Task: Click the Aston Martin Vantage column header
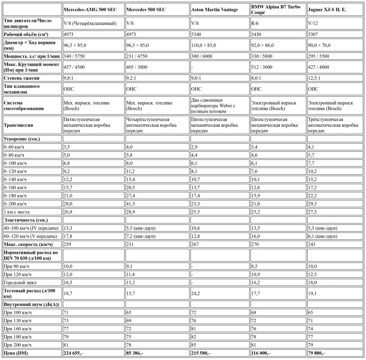pos(215,10)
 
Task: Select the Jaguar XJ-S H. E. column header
pos(327,10)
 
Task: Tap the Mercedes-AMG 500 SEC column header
pos(90,10)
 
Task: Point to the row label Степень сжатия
pos(21,78)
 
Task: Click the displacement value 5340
pos(196,34)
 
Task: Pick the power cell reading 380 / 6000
pos(201,56)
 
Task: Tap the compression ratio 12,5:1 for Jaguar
pos(314,78)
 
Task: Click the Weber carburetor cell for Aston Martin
pos(213,106)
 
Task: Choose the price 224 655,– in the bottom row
pos(73,353)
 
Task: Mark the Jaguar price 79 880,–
pos(317,353)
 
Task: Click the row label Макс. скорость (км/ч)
pos(28,245)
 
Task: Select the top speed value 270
pos(255,245)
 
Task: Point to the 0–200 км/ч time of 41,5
pos(130,204)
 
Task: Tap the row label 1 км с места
pos(16,212)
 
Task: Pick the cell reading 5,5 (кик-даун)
pos(141,228)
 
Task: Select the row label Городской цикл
pos(20,283)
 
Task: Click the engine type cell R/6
pos(255,23)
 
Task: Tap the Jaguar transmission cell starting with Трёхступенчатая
pos(333,125)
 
